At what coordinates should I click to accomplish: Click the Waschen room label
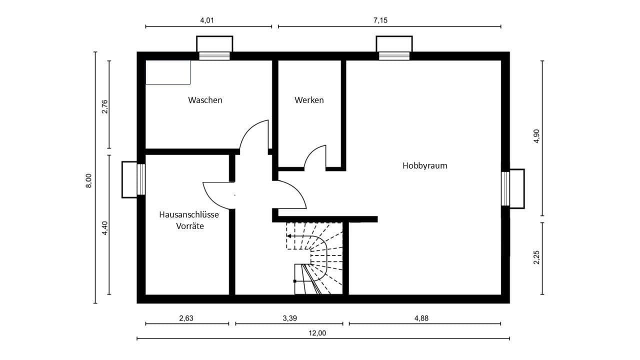(x=205, y=100)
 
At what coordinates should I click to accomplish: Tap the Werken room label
(x=309, y=100)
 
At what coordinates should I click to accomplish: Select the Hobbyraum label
(x=425, y=165)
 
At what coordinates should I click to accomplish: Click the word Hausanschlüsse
(x=189, y=214)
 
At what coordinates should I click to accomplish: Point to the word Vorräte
(x=189, y=226)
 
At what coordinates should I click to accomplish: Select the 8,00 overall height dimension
(x=88, y=180)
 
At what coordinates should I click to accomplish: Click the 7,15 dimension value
(x=380, y=20)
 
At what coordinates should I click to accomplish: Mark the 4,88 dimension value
(x=424, y=318)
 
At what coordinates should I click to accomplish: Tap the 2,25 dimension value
(x=536, y=257)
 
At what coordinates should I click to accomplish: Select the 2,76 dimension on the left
(x=104, y=107)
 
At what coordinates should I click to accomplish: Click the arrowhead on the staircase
(x=289, y=236)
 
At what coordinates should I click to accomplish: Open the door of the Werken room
(x=315, y=158)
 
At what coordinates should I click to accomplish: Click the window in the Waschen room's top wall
(x=214, y=55)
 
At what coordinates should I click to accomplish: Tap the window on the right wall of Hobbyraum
(x=505, y=188)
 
